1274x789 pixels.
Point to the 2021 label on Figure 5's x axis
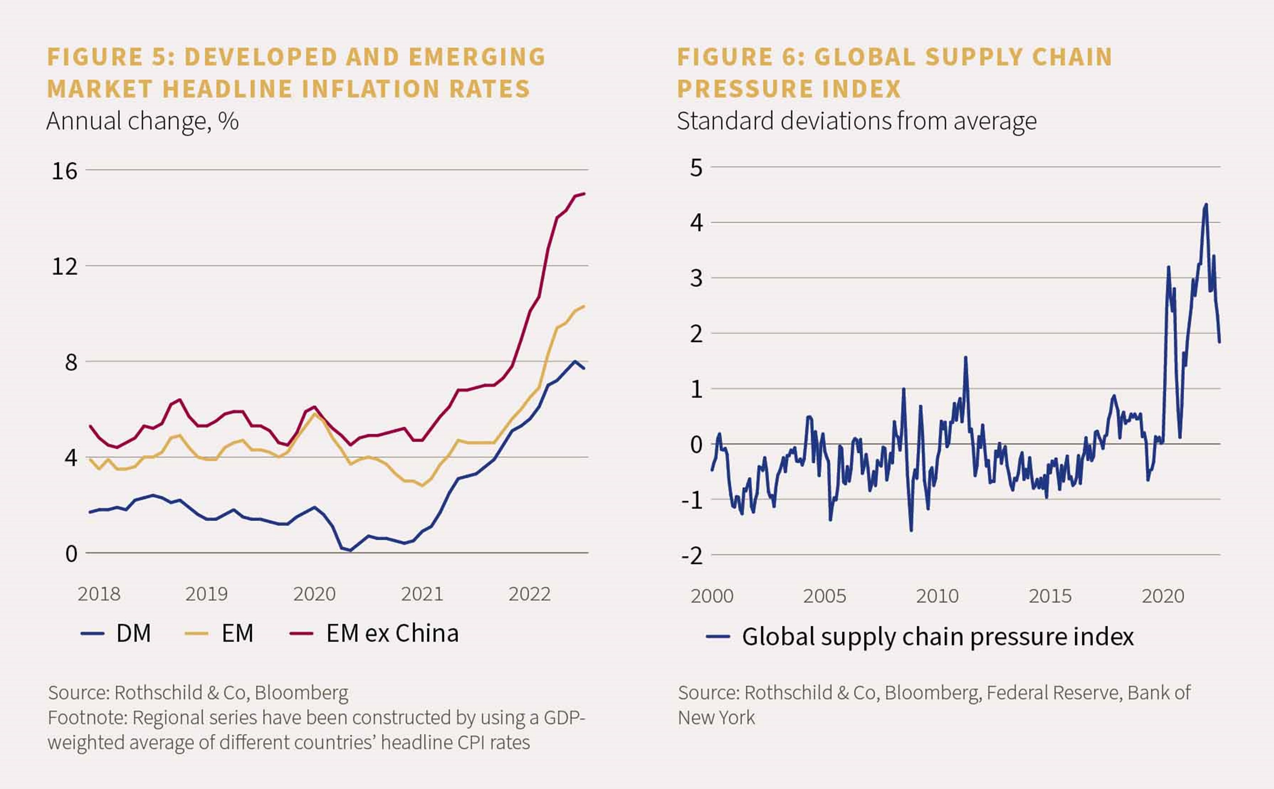pyautogui.click(x=422, y=594)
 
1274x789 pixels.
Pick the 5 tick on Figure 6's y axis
pyautogui.click(x=696, y=168)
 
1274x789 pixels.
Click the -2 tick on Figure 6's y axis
pyautogui.click(x=692, y=556)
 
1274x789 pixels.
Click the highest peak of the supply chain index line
pyautogui.click(x=1206, y=204)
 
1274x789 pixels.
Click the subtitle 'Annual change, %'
pyautogui.click(x=142, y=122)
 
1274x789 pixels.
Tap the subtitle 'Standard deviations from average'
pyautogui.click(x=857, y=122)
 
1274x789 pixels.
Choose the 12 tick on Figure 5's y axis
pyautogui.click(x=64, y=267)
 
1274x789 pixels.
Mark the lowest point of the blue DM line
pyautogui.click(x=350, y=550)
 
